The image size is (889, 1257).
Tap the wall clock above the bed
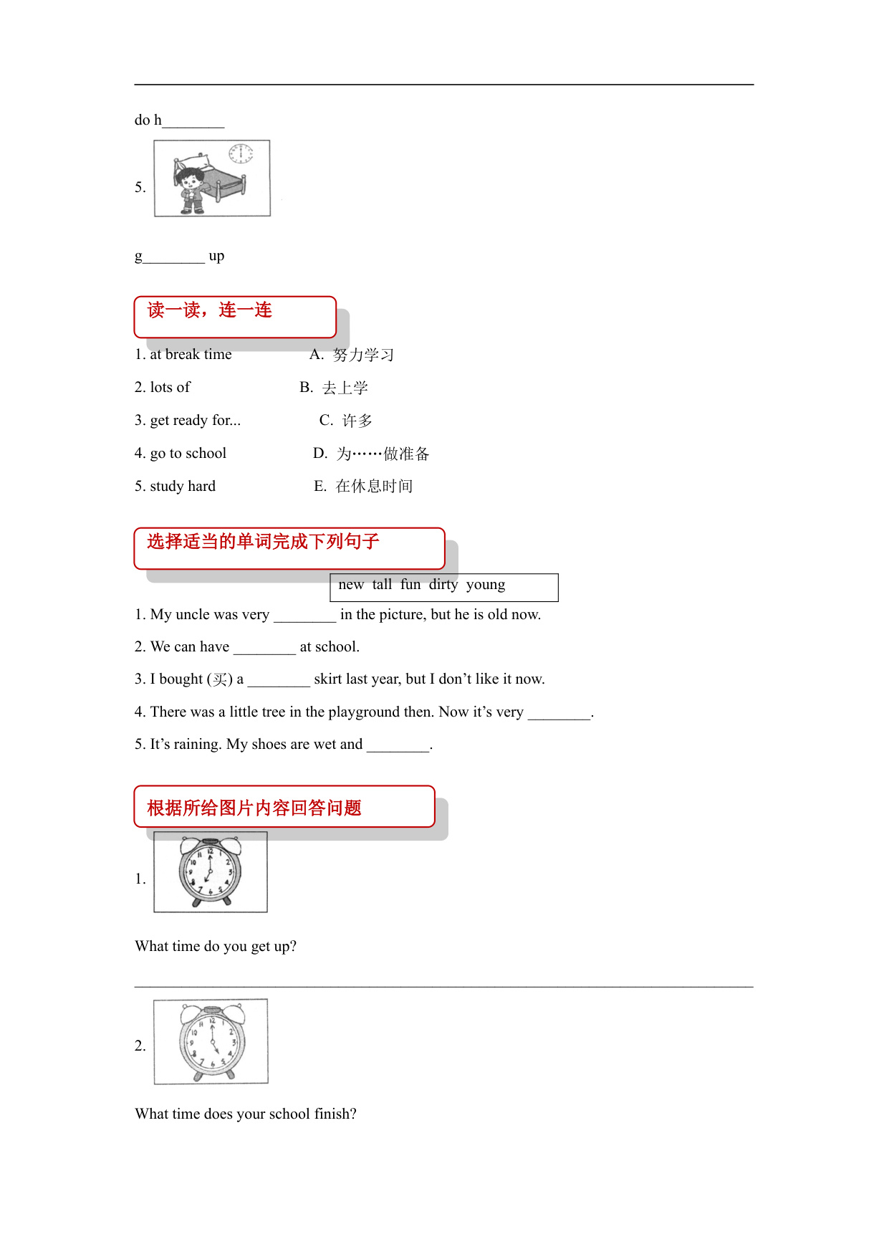(241, 153)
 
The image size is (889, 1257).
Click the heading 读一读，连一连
(209, 310)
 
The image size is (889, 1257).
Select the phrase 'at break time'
(191, 354)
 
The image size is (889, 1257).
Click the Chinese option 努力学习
(363, 355)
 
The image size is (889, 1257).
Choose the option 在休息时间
(374, 486)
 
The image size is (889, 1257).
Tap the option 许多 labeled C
(357, 421)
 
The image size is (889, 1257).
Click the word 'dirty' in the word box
(443, 585)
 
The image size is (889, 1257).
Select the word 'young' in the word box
(485, 585)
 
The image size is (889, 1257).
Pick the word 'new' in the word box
(351, 585)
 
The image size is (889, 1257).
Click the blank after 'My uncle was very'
(304, 616)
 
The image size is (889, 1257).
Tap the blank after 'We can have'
(264, 648)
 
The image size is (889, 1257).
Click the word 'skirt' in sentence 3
(327, 679)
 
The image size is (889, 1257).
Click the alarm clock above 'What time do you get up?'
(210, 871)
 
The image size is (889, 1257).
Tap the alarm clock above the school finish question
(212, 1041)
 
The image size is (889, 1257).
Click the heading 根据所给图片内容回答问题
(254, 808)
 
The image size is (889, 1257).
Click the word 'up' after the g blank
(216, 256)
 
